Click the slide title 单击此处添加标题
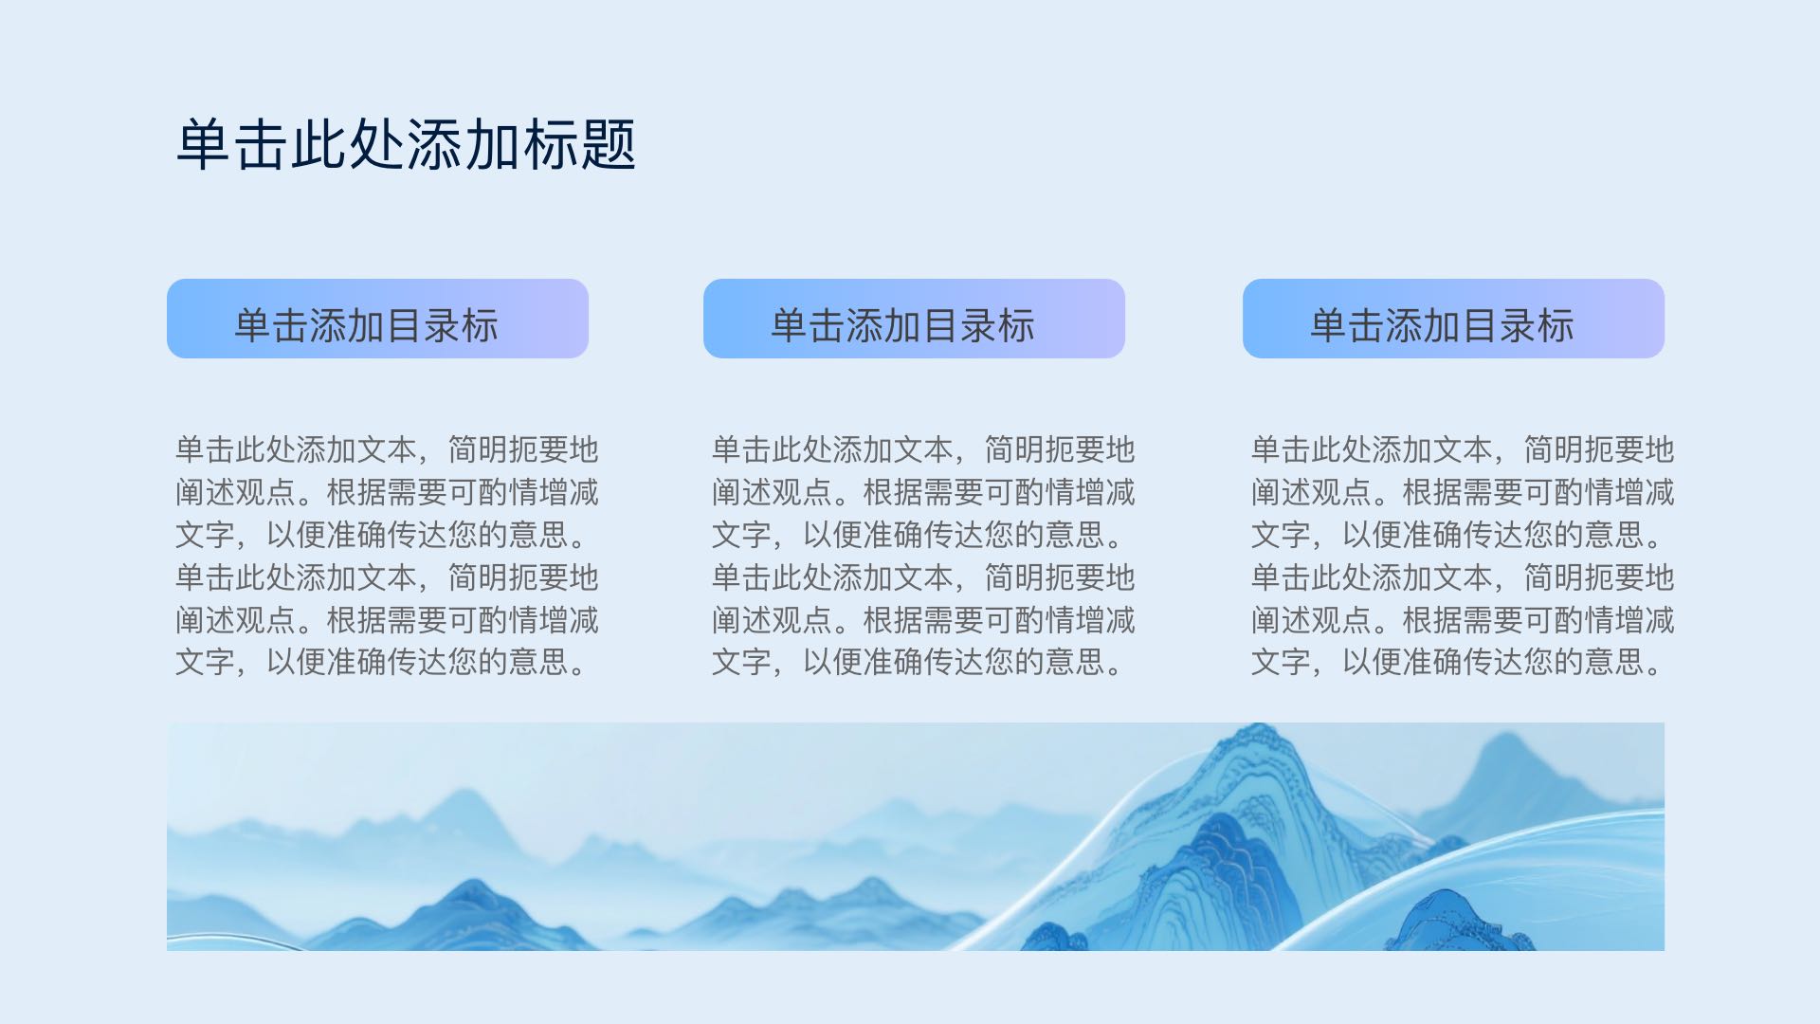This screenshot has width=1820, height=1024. (x=406, y=145)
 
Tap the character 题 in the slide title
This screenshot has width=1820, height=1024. (x=608, y=145)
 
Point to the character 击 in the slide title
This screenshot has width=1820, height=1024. (x=262, y=145)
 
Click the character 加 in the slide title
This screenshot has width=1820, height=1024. (x=492, y=145)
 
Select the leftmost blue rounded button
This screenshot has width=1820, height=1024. (x=377, y=319)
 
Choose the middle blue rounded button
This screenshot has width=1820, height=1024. (x=914, y=319)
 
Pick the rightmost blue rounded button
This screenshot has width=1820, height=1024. (x=1453, y=319)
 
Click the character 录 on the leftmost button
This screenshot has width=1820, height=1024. (x=443, y=325)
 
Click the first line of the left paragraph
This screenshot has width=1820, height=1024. (x=387, y=449)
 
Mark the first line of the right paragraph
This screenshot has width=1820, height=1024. (x=1463, y=449)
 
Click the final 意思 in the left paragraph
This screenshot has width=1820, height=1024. (x=538, y=662)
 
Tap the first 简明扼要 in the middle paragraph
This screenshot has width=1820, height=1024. (x=1045, y=449)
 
